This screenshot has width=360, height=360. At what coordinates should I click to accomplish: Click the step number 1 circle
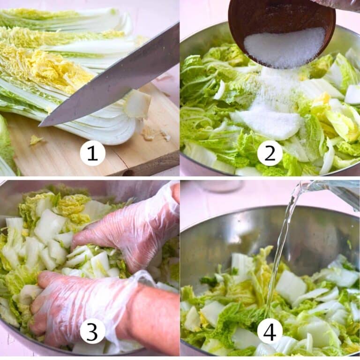(92, 153)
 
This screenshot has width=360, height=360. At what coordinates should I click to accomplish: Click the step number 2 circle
(270, 153)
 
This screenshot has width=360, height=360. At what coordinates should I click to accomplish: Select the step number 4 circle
(270, 331)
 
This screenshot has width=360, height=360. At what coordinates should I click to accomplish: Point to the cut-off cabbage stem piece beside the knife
(137, 104)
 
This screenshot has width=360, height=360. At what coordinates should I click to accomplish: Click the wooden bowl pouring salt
(281, 19)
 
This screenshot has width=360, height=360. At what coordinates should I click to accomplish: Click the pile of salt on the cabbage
(267, 122)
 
